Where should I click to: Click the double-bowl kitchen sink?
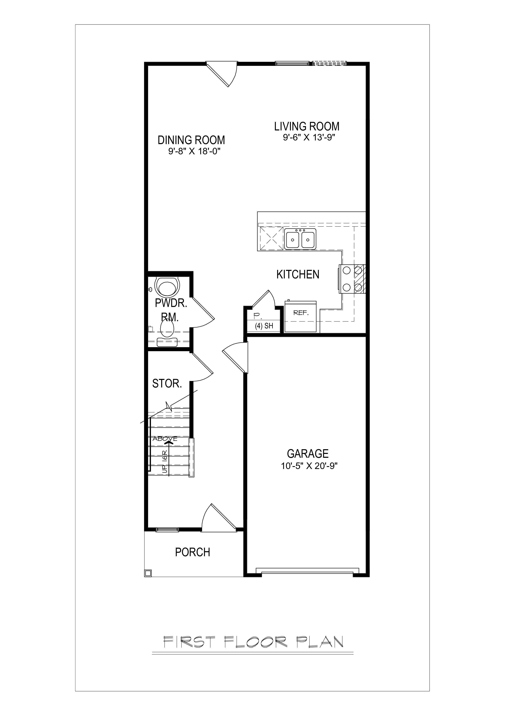click(x=300, y=239)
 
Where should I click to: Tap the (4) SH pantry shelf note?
click(x=264, y=326)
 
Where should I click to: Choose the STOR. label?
click(x=167, y=384)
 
